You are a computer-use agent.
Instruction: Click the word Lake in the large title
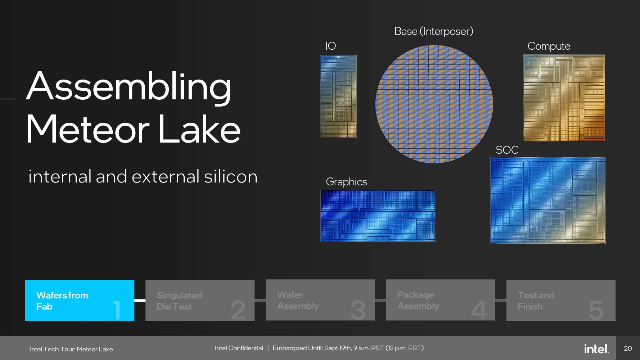pos(199,129)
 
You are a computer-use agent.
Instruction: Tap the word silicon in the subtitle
pos(231,176)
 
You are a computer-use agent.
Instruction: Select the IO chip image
pos(339,96)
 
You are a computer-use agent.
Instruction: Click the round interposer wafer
pos(434,104)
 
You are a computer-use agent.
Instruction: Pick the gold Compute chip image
pos(564,98)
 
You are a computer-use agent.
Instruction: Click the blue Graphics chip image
pos(378,216)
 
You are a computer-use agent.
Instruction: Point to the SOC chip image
pos(548,200)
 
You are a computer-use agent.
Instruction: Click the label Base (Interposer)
pos(434,32)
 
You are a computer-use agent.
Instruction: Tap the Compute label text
pos(549,46)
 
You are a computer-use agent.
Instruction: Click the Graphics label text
pos(346,182)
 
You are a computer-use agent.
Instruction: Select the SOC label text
pos(507,150)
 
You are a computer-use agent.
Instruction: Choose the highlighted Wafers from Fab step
pos(80,300)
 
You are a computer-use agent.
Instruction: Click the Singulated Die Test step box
pos(200,300)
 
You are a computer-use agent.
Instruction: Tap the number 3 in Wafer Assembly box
pos(358,310)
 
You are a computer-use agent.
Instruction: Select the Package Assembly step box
pos(441,300)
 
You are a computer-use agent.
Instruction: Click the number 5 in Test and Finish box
pos(596,310)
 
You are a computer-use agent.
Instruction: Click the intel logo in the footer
pos(596,348)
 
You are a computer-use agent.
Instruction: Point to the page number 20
pos(628,348)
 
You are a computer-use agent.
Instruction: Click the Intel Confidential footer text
pos(239,348)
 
